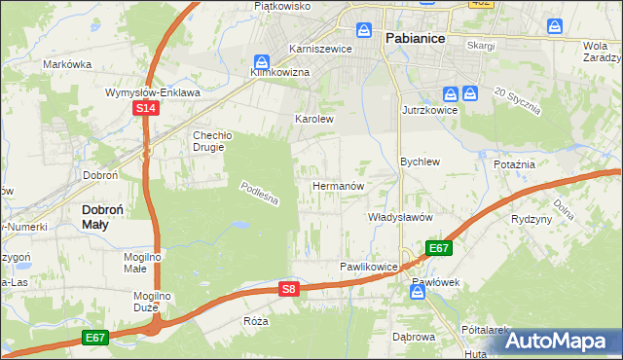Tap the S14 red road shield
click(x=145, y=109)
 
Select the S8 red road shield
click(x=288, y=289)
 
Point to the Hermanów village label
click(x=338, y=185)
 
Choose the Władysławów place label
click(x=399, y=218)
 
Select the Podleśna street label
click(x=260, y=192)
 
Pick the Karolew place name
click(x=314, y=119)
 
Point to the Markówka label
click(x=67, y=64)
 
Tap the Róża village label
click(x=256, y=320)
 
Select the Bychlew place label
click(x=421, y=162)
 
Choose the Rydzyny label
click(x=531, y=219)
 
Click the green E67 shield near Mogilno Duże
click(x=94, y=337)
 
